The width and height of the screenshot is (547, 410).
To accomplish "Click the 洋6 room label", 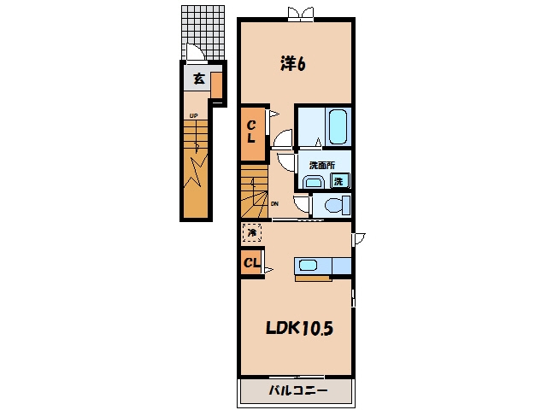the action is pyautogui.click(x=292, y=63).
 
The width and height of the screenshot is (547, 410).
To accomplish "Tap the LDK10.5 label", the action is pyautogui.click(x=299, y=328).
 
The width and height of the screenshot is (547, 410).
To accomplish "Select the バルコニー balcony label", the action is pyautogui.click(x=298, y=390).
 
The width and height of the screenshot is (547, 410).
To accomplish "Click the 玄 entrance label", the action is pyautogui.click(x=198, y=79).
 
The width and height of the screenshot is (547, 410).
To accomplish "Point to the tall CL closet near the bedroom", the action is pyautogui.click(x=253, y=134).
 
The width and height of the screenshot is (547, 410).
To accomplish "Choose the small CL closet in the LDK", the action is pyautogui.click(x=252, y=262).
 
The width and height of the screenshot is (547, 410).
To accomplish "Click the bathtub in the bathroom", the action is pyautogui.click(x=338, y=127).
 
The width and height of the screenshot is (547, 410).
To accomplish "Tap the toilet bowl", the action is pyautogui.click(x=334, y=205).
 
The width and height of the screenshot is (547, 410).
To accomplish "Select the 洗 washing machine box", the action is pyautogui.click(x=339, y=181).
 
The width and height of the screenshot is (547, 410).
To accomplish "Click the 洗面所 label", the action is pyautogui.click(x=321, y=165).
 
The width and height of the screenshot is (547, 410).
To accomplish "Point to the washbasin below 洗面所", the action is pyautogui.click(x=314, y=182).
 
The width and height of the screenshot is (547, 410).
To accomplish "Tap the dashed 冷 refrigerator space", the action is pyautogui.click(x=252, y=232).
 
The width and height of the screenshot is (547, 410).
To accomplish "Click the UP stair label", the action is pyautogui.click(x=194, y=115).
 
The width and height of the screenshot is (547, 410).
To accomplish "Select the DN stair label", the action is pyautogui.click(x=275, y=204).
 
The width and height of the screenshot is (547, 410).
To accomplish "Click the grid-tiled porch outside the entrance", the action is pyautogui.click(x=203, y=32).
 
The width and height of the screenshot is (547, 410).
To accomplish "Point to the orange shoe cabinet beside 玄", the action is pyautogui.click(x=216, y=85).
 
